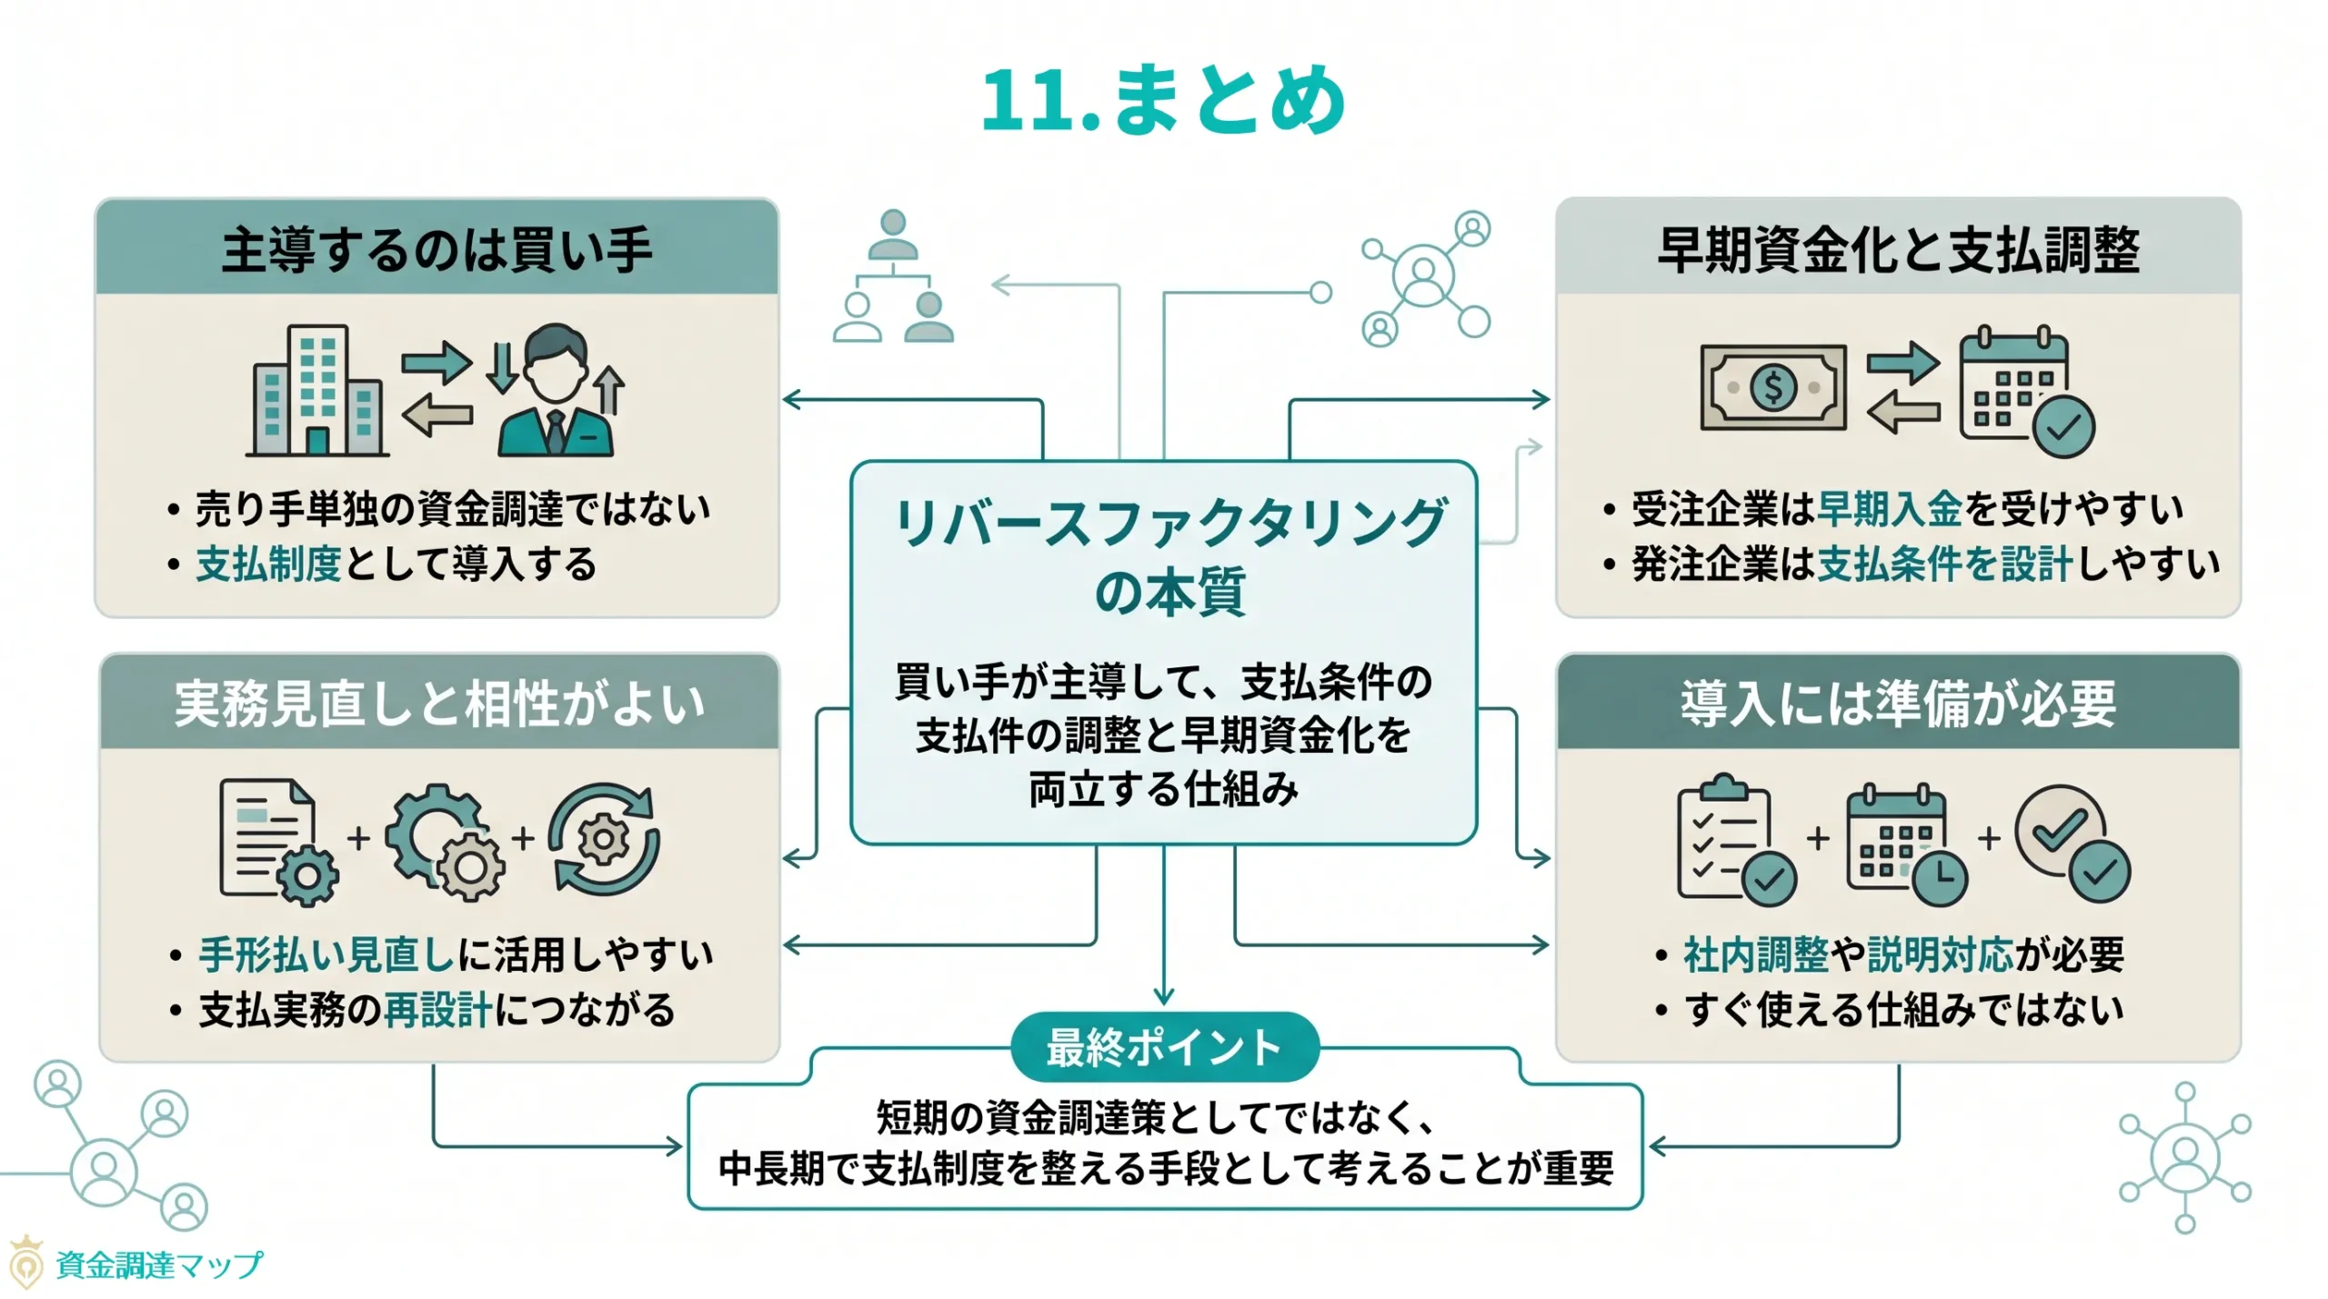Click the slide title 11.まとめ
pos(1163,100)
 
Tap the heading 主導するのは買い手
pos(436,250)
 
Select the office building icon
pos(317,391)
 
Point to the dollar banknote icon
pos(1772,388)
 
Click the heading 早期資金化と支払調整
pos(1898,250)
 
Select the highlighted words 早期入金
pos(1889,509)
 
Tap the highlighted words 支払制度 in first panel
pos(268,565)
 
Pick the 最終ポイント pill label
pos(1164,1047)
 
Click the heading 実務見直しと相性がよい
pos(439,704)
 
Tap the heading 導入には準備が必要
pos(1898,704)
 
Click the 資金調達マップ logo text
pos(159,1264)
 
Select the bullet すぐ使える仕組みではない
pos(1903,1010)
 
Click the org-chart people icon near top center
pos(893,277)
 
